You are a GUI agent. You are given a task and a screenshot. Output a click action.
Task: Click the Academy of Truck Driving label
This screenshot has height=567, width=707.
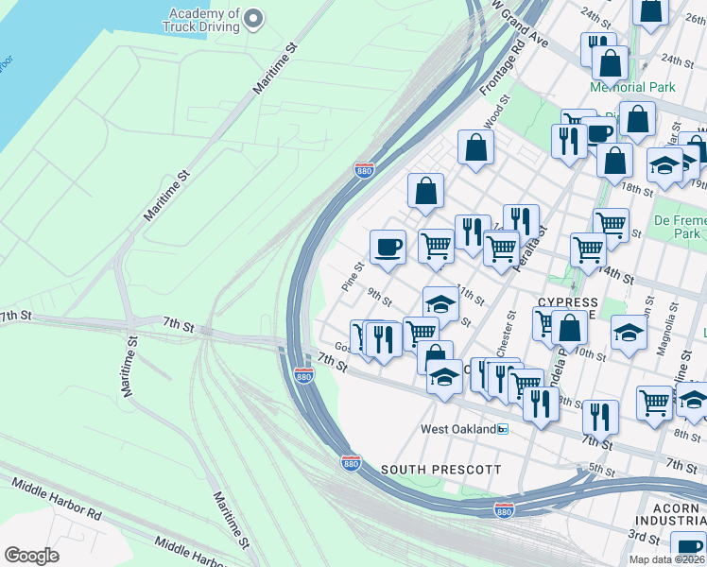204,21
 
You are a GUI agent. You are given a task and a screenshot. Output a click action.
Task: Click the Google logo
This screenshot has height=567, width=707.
31,556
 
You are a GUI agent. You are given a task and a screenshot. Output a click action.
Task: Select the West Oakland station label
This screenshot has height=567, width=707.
457,429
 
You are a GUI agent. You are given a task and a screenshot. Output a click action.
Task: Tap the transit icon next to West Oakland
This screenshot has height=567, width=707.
503,429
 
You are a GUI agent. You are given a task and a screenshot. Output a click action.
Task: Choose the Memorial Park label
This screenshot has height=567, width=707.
632,87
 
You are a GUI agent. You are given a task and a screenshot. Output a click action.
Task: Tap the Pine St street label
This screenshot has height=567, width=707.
353,277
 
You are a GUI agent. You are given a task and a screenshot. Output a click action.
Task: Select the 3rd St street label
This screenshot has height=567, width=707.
644,537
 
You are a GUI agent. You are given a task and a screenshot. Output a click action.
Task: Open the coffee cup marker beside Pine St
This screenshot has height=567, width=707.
388,249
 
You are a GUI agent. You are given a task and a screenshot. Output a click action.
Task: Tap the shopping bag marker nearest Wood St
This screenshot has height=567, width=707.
475,147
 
